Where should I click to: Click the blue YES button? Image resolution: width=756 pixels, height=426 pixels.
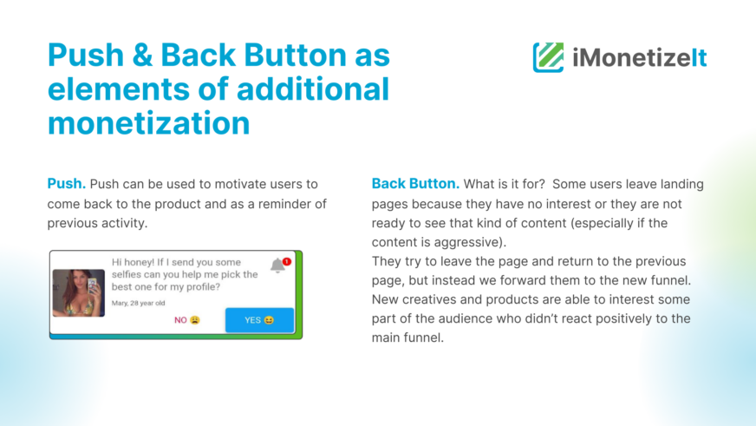tap(259, 320)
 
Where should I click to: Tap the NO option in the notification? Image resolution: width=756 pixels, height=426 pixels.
tap(187, 320)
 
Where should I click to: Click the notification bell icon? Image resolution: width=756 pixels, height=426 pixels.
tap(277, 265)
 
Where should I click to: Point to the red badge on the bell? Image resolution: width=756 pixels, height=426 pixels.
tap(287, 261)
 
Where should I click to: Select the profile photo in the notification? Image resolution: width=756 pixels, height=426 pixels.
tap(79, 293)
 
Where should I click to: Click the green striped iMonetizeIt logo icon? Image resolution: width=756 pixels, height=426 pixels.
tap(548, 57)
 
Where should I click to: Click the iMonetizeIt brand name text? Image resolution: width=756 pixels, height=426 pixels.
tap(639, 58)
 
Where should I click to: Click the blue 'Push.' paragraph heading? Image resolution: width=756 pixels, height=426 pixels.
tap(67, 184)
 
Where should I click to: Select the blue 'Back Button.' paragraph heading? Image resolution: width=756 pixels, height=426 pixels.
tap(415, 184)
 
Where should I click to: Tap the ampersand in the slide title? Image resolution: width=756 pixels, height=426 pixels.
tap(142, 55)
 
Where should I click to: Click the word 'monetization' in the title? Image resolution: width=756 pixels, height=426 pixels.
tap(148, 123)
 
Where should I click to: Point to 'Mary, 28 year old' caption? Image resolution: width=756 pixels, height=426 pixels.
tap(139, 303)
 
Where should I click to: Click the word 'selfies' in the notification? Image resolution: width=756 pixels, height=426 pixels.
tap(127, 274)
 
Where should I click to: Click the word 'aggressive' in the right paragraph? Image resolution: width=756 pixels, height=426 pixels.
tap(468, 242)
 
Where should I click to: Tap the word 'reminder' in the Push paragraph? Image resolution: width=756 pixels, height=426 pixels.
tap(281, 204)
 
